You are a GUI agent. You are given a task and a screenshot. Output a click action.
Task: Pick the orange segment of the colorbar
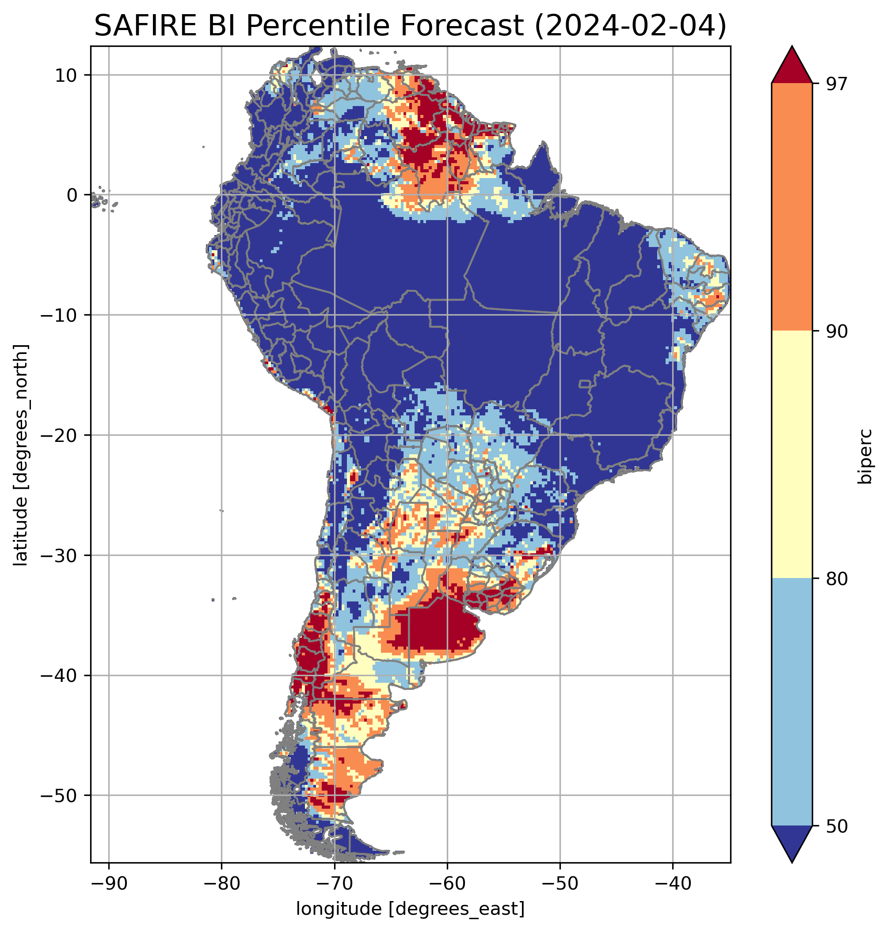click(x=792, y=207)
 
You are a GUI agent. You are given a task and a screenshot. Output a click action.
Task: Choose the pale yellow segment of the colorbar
click(x=792, y=454)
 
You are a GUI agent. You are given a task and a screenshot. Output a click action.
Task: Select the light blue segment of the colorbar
click(x=792, y=702)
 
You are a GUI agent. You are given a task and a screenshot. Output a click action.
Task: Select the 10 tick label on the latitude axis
click(x=66, y=75)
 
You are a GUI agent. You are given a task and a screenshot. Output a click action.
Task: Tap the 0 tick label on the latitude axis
click(x=72, y=195)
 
